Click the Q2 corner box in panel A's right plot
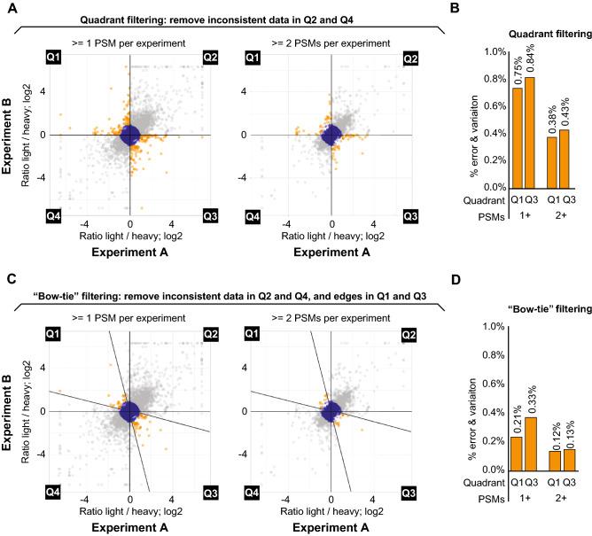pyautogui.click(x=409, y=58)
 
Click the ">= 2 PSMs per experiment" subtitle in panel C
pyautogui.click(x=331, y=317)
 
